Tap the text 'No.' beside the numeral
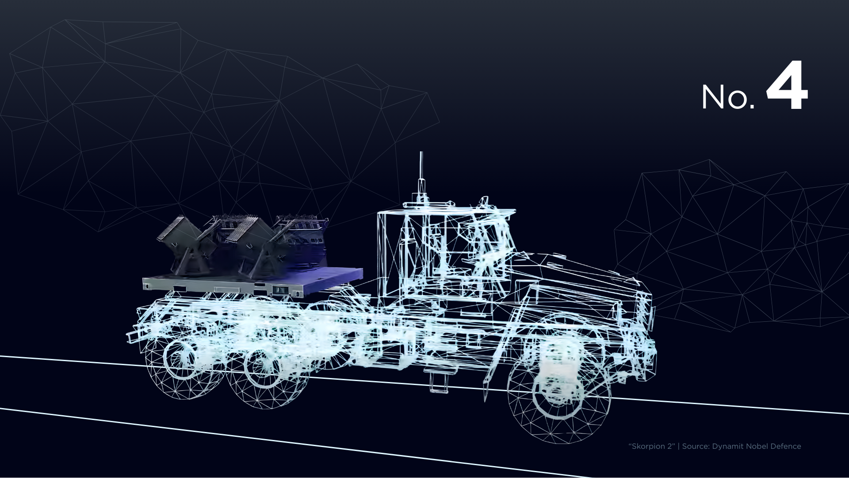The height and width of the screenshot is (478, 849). click(x=728, y=97)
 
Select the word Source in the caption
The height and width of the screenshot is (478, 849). click(x=696, y=446)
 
